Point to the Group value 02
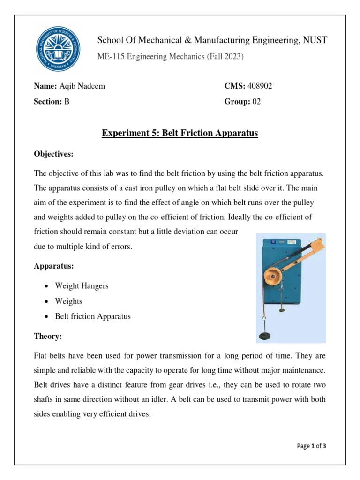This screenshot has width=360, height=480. coord(256,101)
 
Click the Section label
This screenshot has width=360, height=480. coord(47,101)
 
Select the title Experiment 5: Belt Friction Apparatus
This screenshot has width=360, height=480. coord(180,133)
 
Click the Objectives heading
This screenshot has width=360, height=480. coord(54,154)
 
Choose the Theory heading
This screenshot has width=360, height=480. coord(48,337)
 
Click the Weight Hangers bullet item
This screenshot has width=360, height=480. coord(82,286)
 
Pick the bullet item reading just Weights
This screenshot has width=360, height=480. coord(68,301)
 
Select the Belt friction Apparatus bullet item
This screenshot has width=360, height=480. coord(93,316)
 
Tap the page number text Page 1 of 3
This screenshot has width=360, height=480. coord(312,446)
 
